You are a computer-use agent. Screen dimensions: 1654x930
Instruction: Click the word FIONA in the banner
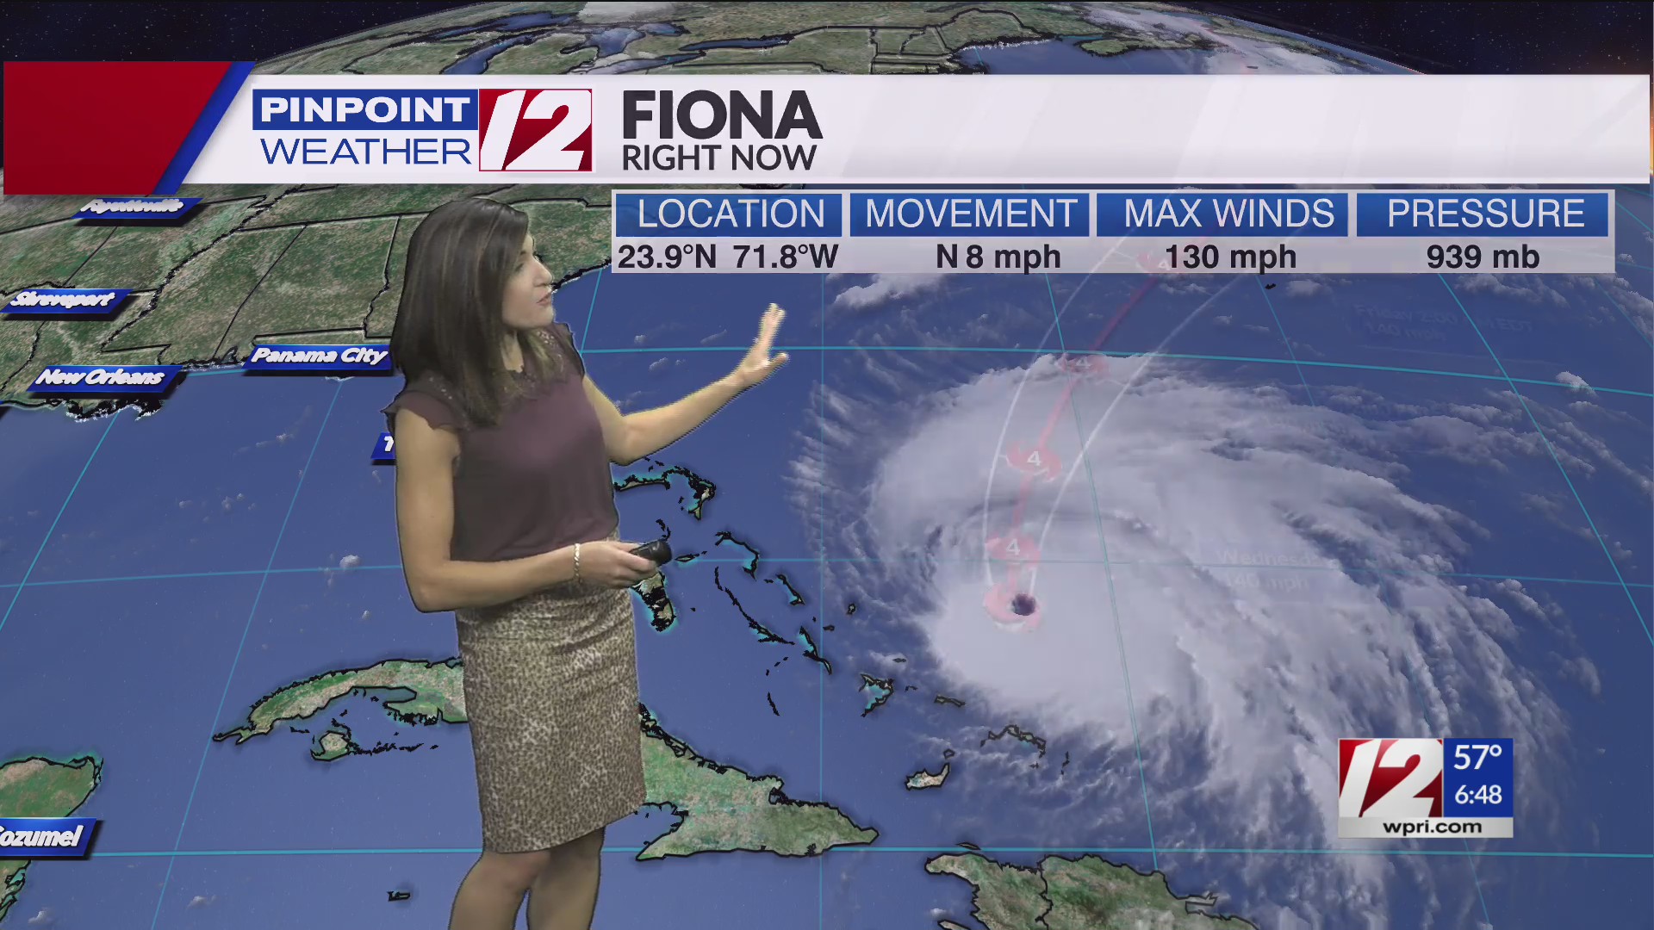point(722,116)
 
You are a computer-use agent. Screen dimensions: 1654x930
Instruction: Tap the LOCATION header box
point(729,214)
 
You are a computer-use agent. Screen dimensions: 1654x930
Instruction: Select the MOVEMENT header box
point(970,214)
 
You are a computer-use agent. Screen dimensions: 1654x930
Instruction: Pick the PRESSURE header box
point(1483,214)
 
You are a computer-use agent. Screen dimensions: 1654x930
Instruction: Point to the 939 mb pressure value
point(1482,257)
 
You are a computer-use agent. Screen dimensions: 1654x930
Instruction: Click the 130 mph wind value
point(1229,257)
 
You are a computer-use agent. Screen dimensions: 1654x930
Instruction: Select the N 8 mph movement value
point(998,257)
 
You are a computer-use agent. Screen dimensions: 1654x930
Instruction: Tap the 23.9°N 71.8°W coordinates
point(728,257)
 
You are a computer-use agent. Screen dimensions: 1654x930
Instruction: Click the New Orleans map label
point(101,377)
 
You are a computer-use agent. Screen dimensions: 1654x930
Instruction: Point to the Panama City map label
point(319,356)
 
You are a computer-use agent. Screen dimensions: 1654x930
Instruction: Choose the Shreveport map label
point(64,300)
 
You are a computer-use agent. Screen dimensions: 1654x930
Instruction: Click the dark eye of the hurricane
point(1023,604)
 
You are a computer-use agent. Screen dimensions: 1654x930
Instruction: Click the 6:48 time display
point(1477,794)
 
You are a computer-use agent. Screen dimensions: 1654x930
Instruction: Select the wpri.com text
point(1432,827)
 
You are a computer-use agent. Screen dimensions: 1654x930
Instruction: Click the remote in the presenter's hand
point(650,551)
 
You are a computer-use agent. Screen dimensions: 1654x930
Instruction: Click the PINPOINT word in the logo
point(364,109)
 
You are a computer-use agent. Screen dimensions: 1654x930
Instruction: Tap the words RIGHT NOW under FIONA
point(718,158)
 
